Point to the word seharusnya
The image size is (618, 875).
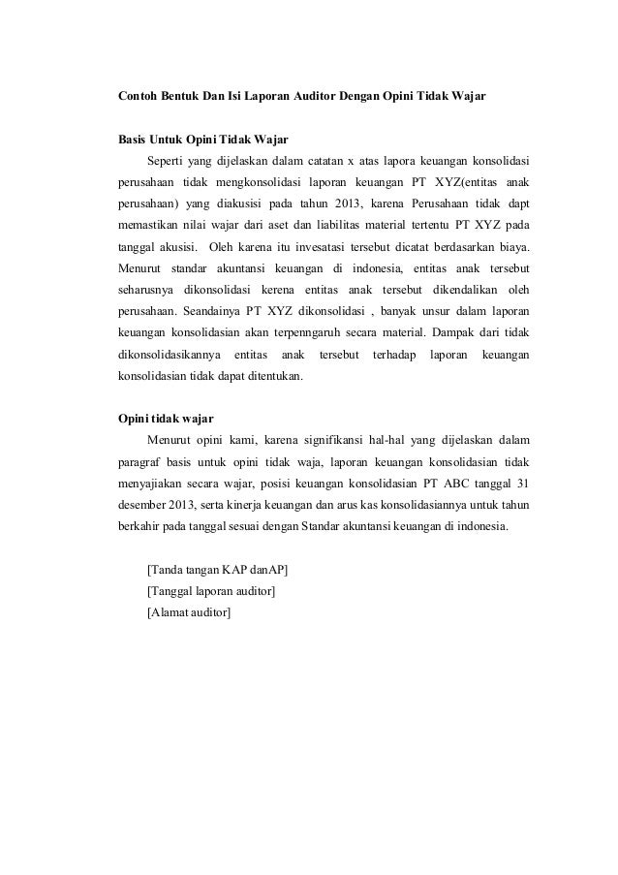144,290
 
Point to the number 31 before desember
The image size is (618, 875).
522,483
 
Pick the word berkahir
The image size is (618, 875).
141,525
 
